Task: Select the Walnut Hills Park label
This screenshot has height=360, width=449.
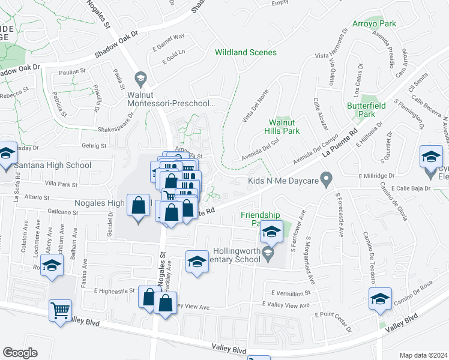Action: pyautogui.click(x=284, y=127)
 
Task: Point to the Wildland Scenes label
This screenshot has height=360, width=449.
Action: pyautogui.click(x=246, y=52)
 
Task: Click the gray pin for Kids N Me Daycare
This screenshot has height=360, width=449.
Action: pyautogui.click(x=326, y=178)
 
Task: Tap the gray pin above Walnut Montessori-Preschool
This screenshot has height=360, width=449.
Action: pyautogui.click(x=140, y=77)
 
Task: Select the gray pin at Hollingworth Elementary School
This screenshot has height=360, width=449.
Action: pyautogui.click(x=268, y=257)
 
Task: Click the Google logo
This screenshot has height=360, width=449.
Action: pyautogui.click(x=20, y=352)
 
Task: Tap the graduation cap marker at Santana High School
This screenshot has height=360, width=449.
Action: pyautogui.click(x=7, y=155)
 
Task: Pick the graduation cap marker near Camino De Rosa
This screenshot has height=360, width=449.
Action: pyautogui.click(x=381, y=299)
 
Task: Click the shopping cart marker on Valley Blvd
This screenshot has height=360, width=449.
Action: pyautogui.click(x=60, y=311)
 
